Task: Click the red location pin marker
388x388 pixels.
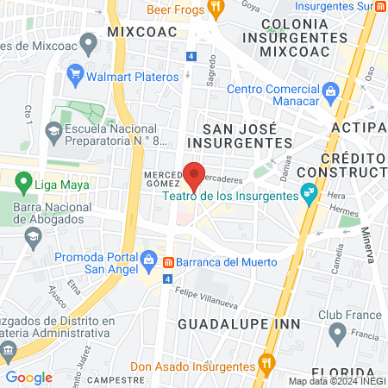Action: point(195,177)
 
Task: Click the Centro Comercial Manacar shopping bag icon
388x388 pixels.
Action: point(329,91)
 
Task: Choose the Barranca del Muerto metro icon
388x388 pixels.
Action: point(169,261)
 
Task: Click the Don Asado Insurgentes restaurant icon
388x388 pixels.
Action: point(268,365)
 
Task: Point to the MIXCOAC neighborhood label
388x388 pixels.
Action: point(142,32)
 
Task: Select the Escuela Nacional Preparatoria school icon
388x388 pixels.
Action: point(53,133)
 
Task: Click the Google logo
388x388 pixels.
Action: point(28,377)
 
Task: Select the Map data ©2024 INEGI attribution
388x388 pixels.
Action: point(336,381)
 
